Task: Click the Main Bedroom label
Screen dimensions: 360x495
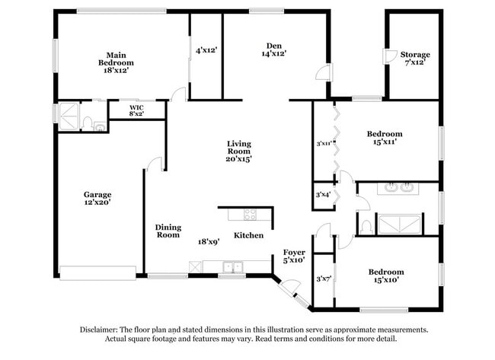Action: tap(116, 58)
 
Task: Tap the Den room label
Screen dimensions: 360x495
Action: tap(274, 45)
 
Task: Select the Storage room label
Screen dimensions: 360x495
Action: tap(416, 55)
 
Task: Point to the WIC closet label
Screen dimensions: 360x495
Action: tap(136, 108)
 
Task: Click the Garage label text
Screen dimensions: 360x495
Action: tap(97, 194)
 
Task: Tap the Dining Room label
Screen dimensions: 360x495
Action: tap(168, 231)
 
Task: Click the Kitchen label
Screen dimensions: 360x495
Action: tap(248, 235)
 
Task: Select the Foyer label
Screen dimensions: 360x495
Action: tap(294, 252)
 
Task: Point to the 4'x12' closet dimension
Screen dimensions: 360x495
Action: tap(206, 50)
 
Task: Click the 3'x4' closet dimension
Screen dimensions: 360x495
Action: tap(324, 195)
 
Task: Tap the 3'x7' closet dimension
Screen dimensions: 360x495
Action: tap(324, 279)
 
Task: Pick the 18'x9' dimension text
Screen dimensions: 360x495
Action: tap(209, 241)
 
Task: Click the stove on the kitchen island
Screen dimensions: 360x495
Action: tap(248, 212)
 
